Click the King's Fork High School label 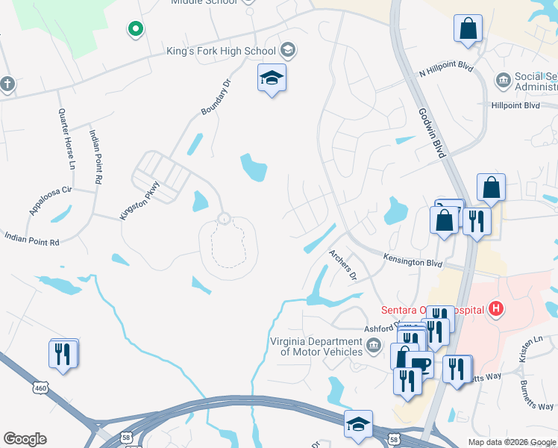click(222, 52)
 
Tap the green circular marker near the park click(135, 29)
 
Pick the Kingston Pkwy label click(139, 200)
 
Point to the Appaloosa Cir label click(50, 199)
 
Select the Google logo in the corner click(25, 439)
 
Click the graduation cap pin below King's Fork click(272, 78)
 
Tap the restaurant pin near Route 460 click(63, 354)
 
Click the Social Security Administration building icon click(502, 79)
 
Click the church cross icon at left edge click(7, 84)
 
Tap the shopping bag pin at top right click(468, 29)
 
